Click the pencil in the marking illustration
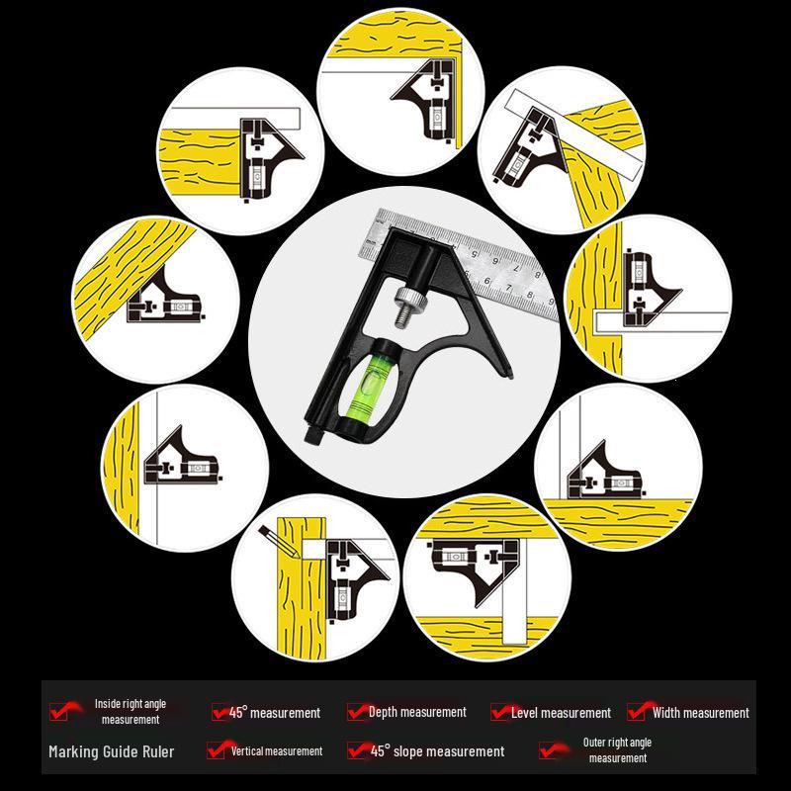(280, 541)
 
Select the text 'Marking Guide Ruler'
(112, 751)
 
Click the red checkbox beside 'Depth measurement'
(356, 712)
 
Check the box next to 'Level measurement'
(500, 712)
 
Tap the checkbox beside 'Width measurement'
(637, 711)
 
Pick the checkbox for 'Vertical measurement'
(217, 750)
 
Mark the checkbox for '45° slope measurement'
(357, 750)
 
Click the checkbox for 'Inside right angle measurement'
(59, 711)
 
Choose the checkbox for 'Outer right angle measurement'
(549, 750)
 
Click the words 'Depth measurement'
(417, 712)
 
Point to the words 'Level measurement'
(561, 712)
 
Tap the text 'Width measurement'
(701, 712)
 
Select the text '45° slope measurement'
(437, 750)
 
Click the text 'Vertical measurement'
(277, 750)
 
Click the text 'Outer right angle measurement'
(617, 750)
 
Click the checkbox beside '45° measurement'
(220, 712)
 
